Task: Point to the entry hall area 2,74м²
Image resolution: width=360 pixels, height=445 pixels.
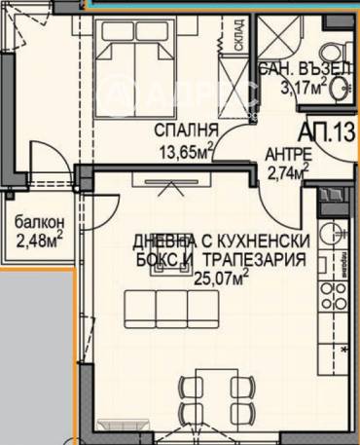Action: tap(288, 171)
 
